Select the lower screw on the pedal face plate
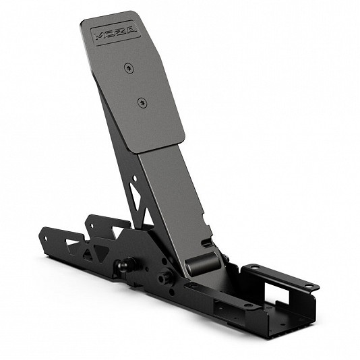point(141,102)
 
